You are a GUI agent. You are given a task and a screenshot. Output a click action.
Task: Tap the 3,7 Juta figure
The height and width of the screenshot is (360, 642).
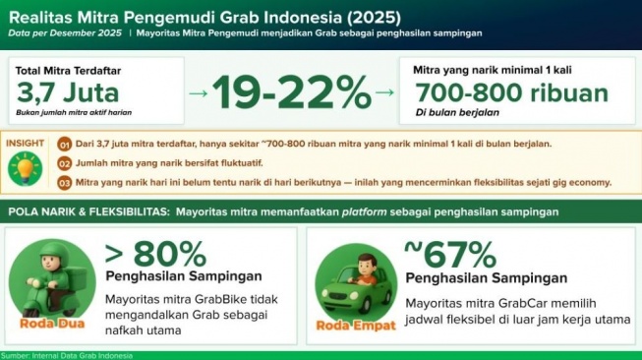click(69, 94)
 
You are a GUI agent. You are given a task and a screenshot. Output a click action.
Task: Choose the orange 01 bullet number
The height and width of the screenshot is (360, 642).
click(65, 145)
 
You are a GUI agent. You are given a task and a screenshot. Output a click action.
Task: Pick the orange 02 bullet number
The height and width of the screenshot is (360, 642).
click(65, 163)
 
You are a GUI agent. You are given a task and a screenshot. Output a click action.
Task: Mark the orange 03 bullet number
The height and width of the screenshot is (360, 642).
click(65, 182)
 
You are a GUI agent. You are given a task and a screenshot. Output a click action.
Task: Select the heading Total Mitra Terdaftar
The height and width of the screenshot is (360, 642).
click(67, 71)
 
